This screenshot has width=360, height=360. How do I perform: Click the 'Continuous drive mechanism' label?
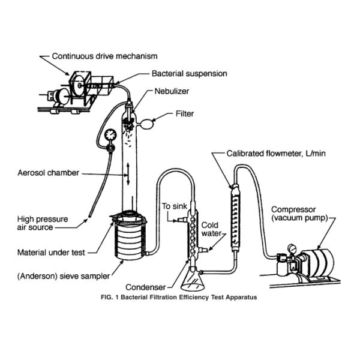[x=104, y=56]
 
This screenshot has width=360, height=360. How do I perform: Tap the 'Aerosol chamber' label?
[x=49, y=173]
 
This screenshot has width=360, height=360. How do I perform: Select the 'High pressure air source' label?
[x=40, y=223]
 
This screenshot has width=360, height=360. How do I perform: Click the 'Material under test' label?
[x=55, y=253]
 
